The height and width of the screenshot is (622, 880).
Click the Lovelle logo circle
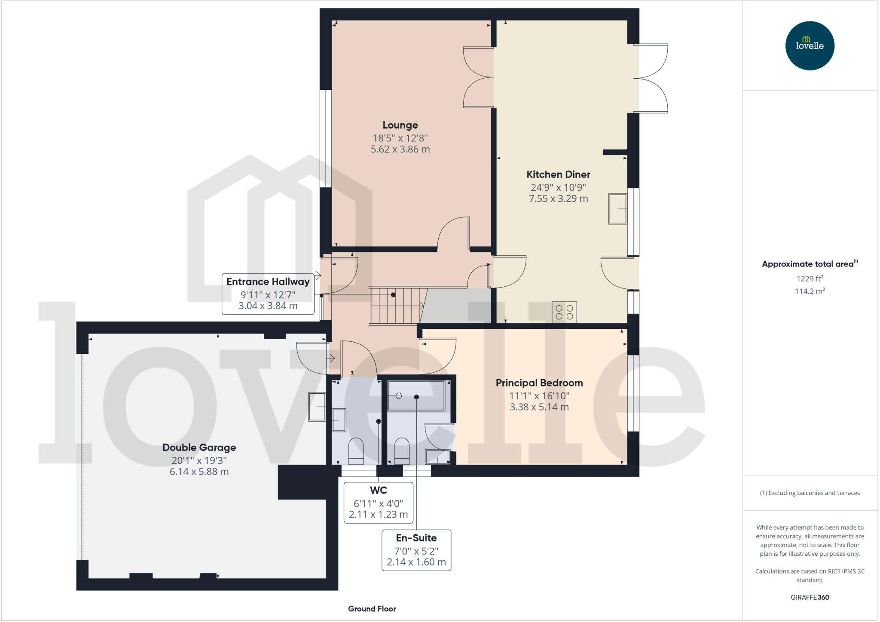[810, 46]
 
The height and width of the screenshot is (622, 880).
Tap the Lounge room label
[400, 125]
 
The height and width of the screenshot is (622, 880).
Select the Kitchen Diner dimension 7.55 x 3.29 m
[558, 199]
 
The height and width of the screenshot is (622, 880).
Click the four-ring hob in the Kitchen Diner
[564, 312]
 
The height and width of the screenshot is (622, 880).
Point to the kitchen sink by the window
[617, 209]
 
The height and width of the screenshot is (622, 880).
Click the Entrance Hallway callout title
[268, 282]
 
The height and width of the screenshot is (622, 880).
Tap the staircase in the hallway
[394, 306]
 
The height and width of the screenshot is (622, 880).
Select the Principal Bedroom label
[539, 383]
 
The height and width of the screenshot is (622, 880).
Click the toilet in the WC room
[356, 451]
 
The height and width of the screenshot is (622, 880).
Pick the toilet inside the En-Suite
[402, 451]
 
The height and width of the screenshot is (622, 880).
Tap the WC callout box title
[378, 490]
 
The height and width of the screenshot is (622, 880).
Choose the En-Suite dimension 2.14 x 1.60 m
[416, 562]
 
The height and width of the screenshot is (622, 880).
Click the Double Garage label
[199, 447]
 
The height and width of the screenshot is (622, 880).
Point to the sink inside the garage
[317, 406]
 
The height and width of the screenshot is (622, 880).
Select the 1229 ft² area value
[810, 279]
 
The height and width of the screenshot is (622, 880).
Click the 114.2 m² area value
[810, 291]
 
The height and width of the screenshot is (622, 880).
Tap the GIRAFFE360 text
[810, 597]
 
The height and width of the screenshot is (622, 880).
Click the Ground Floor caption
[372, 609]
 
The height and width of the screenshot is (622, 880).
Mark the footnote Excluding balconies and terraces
[810, 493]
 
